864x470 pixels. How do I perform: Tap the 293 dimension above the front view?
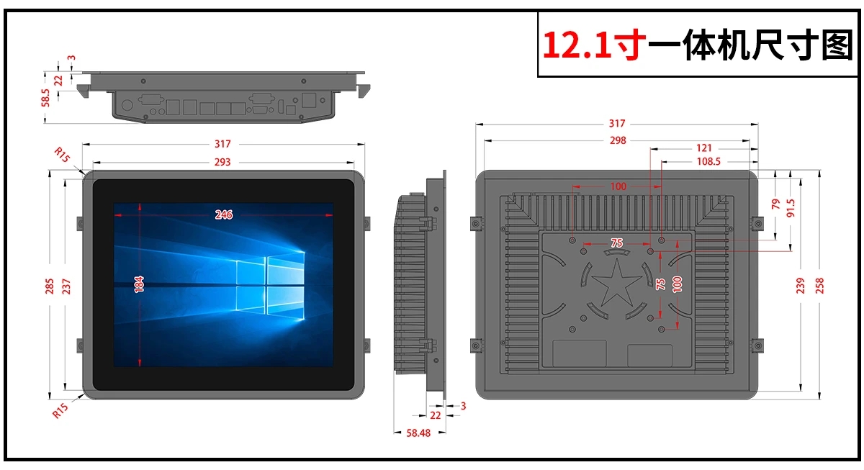222,162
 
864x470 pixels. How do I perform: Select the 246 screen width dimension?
224,214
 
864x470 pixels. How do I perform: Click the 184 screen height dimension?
139,284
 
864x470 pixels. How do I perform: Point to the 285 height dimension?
50,286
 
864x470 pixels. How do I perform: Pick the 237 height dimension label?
66,286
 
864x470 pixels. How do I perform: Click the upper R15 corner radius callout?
62,154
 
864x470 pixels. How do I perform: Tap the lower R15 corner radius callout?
60,411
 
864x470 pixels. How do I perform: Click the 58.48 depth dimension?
418,433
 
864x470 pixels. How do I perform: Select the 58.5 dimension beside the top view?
45,98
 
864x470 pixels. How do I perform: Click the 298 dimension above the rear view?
618,140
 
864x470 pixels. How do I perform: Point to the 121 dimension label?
703,148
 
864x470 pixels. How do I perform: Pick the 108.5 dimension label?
708,161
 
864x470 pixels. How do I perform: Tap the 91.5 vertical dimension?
791,208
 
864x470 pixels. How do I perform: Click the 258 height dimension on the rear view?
819,286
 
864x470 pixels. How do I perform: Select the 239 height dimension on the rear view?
801,286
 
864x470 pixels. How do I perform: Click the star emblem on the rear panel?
617,283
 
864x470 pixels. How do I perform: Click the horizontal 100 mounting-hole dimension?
618,186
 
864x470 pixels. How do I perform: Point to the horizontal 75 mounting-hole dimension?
616,243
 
